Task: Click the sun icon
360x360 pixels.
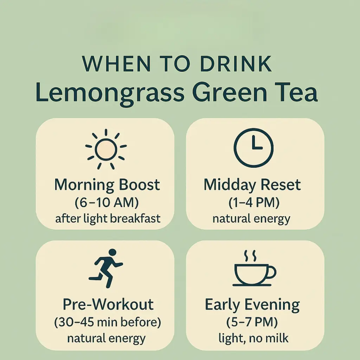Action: pyautogui.click(x=106, y=149)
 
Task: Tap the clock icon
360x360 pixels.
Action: pyautogui.click(x=253, y=148)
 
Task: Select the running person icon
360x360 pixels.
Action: pyautogui.click(x=106, y=268)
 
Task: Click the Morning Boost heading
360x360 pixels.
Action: pyautogui.click(x=107, y=185)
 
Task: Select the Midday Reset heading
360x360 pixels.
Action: pyautogui.click(x=252, y=185)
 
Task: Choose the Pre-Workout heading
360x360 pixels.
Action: pyautogui.click(x=108, y=304)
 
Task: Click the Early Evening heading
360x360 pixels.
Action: pyautogui.click(x=252, y=304)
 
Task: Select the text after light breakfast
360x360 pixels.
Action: pyautogui.click(x=108, y=219)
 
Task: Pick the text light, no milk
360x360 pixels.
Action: pyautogui.click(x=253, y=338)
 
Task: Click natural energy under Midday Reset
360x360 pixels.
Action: pyautogui.click(x=251, y=219)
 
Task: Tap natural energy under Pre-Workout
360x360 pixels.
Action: pyautogui.click(x=106, y=339)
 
